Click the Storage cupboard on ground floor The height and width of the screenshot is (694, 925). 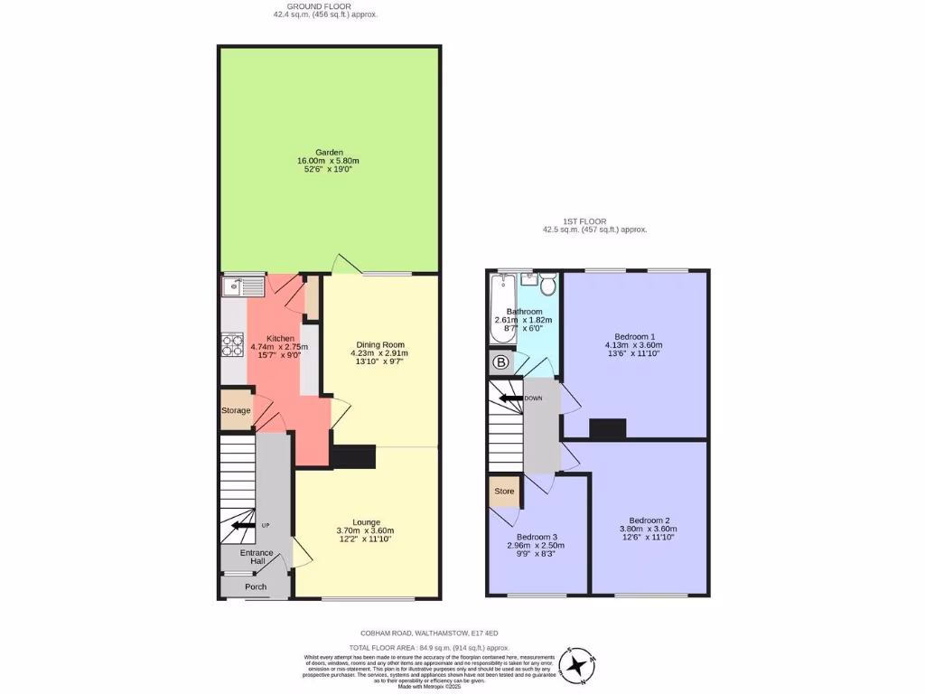pyautogui.click(x=237, y=410)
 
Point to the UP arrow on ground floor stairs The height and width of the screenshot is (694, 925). pyautogui.click(x=243, y=525)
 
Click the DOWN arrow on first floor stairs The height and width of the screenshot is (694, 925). pyautogui.click(x=509, y=398)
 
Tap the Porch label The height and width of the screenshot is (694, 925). pyautogui.click(x=256, y=586)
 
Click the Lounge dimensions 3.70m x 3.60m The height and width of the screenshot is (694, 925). pyautogui.click(x=365, y=530)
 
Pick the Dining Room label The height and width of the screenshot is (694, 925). pyautogui.click(x=380, y=344)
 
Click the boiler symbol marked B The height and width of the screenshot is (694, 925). pyautogui.click(x=500, y=362)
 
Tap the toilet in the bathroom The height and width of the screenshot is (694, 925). pyautogui.click(x=547, y=285)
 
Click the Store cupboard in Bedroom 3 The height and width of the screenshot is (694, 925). pyautogui.click(x=504, y=492)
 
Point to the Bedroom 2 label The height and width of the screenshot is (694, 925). pyautogui.click(x=649, y=520)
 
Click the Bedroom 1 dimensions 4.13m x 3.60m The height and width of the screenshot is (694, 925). pyautogui.click(x=633, y=345)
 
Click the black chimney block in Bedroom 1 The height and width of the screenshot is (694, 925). pyautogui.click(x=607, y=429)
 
